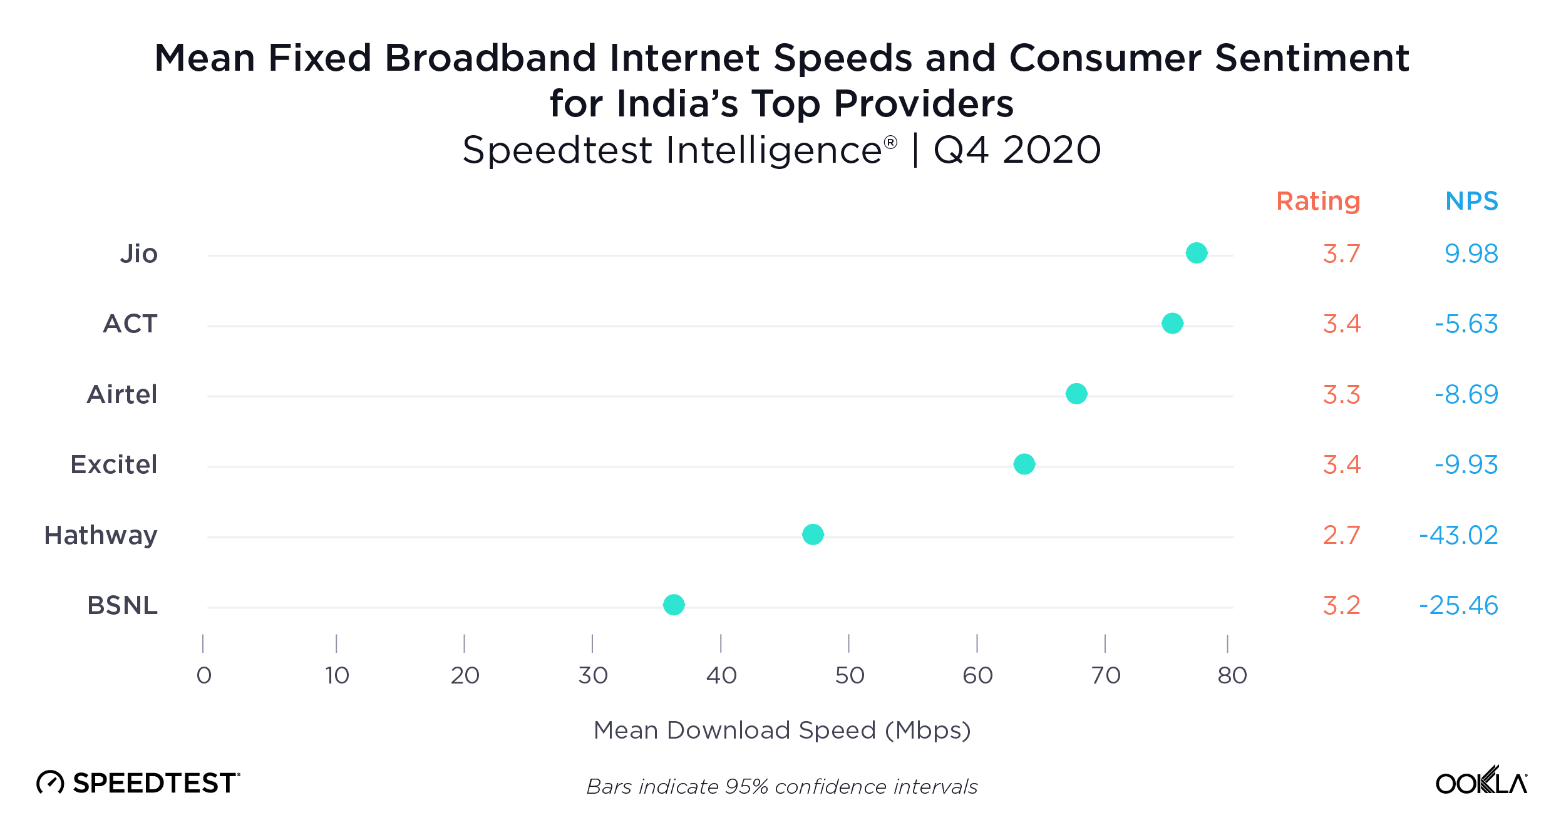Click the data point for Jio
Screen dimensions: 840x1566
[1197, 253]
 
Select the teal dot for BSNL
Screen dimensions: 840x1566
[674, 605]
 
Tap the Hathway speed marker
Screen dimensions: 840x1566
[813, 535]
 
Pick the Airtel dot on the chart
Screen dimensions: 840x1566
[1076, 394]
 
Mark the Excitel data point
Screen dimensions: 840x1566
[1024, 464]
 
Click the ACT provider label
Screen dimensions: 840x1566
[130, 324]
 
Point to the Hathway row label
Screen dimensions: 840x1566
[101, 535]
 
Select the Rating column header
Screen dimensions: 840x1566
[1318, 201]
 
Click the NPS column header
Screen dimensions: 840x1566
[1471, 201]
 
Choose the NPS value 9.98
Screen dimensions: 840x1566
[1471, 254]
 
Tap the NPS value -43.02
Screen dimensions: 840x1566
[1458, 535]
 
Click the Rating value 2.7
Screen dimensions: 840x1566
[1341, 535]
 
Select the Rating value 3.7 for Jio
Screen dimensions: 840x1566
[1341, 254]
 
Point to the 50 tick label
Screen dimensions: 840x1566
[850, 675]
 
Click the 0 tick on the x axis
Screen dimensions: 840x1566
[204, 675]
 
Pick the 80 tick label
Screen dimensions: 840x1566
[1232, 675]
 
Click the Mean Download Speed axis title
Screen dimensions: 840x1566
[782, 730]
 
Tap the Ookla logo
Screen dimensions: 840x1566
[1481, 781]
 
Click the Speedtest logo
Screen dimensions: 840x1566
[138, 783]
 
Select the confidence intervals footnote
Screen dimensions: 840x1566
[782, 787]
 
